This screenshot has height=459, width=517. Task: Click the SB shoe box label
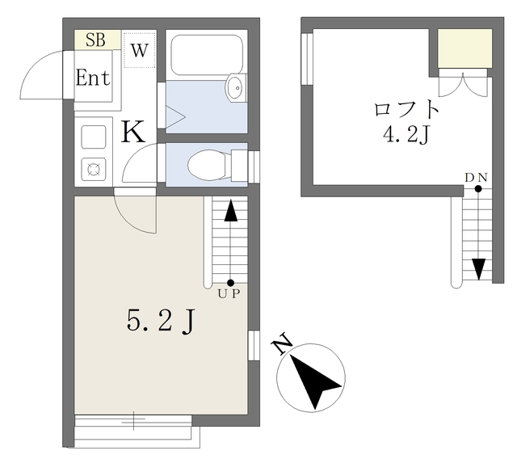95,40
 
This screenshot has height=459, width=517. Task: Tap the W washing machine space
140,50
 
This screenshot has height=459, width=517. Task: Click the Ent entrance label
93,78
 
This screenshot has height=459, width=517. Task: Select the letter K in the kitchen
133,132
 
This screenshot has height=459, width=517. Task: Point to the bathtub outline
207,55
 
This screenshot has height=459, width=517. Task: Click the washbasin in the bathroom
236,88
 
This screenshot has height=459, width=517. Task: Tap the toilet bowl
209,165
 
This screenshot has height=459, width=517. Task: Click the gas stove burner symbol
94,169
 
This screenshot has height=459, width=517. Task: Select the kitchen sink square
94,137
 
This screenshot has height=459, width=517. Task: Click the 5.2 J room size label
160,321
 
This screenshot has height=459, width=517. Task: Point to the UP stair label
229,294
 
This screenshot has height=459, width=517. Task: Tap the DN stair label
476,178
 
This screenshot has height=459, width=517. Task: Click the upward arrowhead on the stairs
231,210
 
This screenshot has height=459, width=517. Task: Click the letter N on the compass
281,344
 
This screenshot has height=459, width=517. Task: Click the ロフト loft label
406,111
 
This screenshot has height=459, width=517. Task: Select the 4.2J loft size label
406,134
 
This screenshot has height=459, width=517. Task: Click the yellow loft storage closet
465,48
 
